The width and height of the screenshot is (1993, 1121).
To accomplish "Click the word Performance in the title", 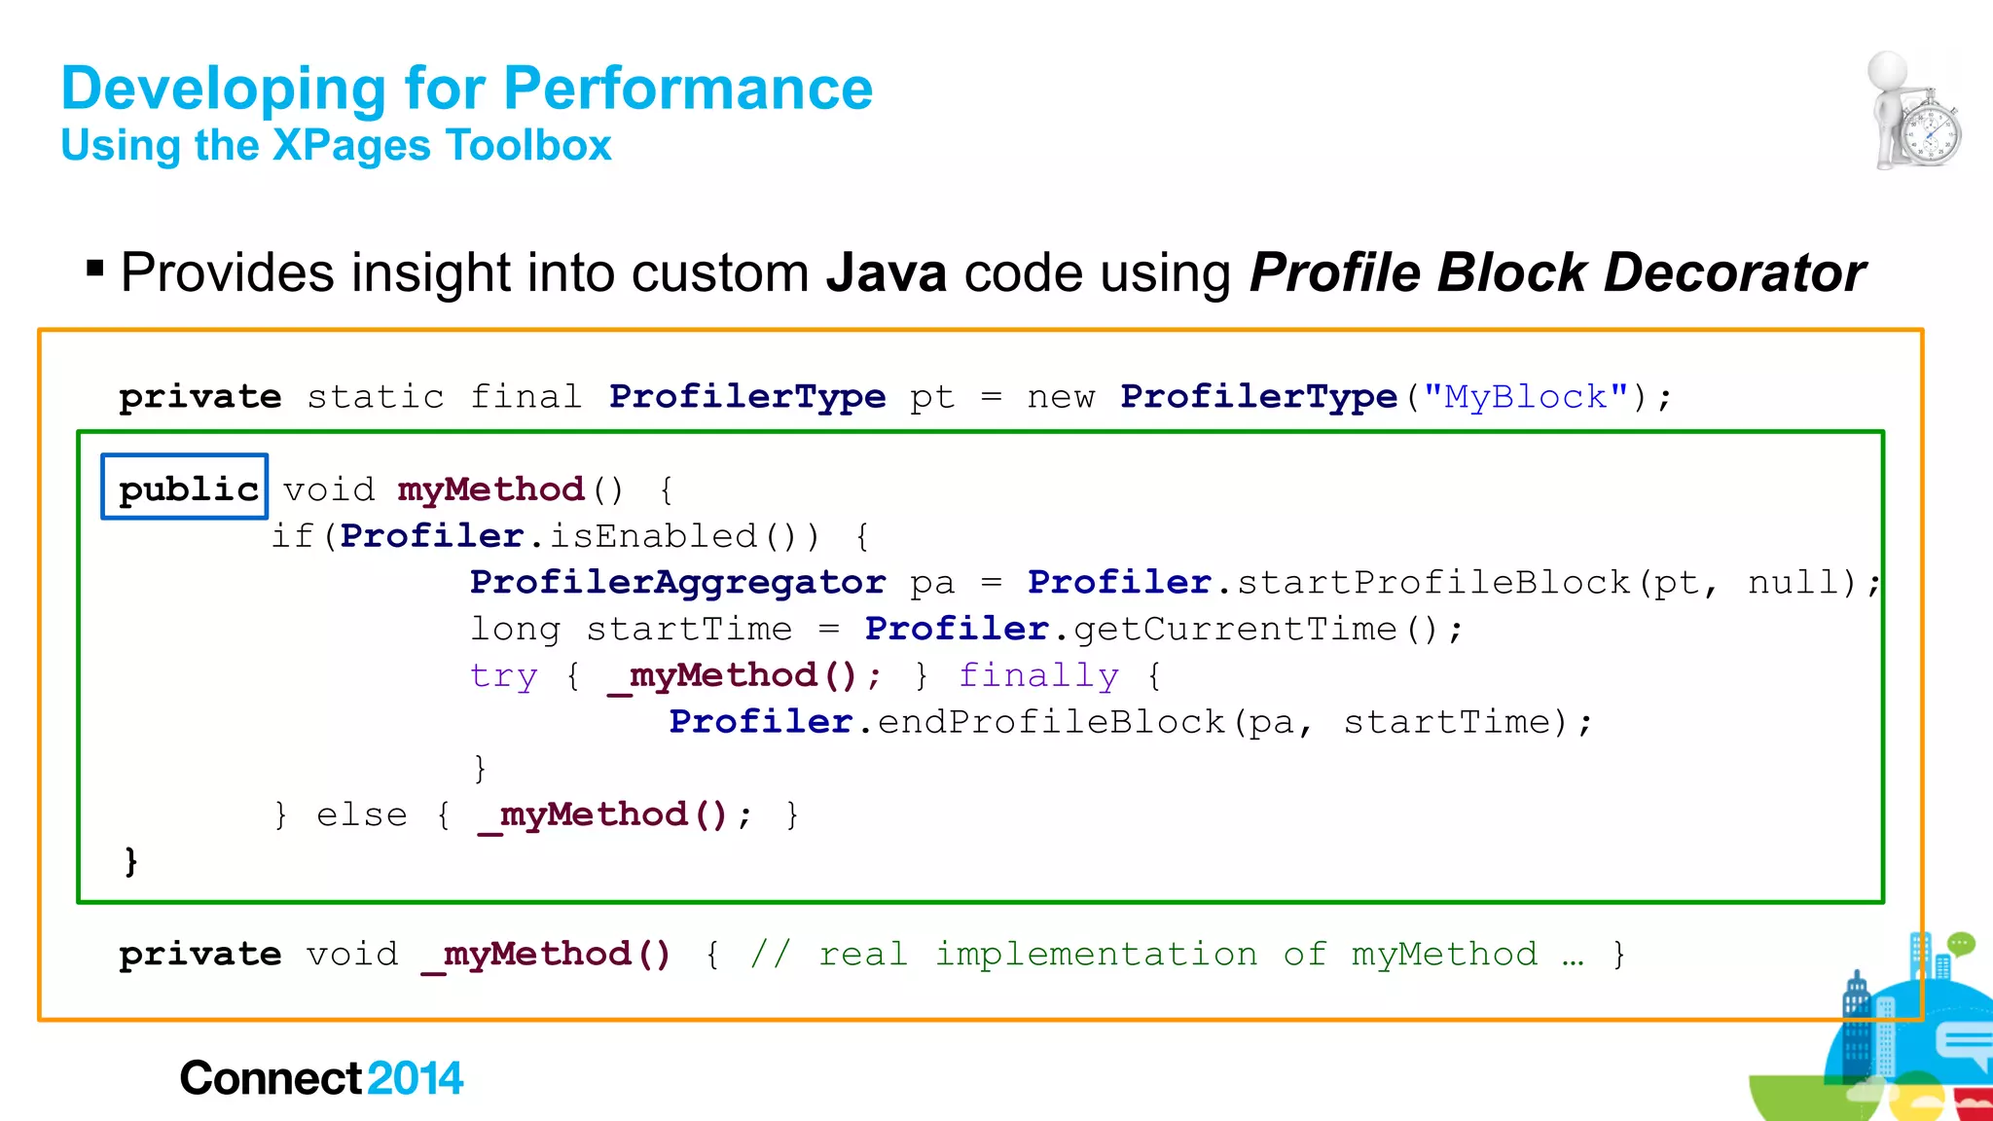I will (x=688, y=89).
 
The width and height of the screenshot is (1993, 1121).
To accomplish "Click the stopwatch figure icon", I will (x=1914, y=112).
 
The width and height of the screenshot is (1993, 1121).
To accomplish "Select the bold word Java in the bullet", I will (x=886, y=272).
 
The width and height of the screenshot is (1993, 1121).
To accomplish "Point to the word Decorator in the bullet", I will (x=1734, y=272).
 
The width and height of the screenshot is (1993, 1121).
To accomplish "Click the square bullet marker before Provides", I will (x=94, y=268).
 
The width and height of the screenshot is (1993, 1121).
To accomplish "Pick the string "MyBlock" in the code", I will (x=1526, y=397).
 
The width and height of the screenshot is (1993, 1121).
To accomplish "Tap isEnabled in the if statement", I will (x=653, y=536).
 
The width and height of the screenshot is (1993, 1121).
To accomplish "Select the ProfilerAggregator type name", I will (x=677, y=582).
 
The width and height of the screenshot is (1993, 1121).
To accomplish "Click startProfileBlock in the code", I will (x=1432, y=582).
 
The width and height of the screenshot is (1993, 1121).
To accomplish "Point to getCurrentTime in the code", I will (x=1236, y=629).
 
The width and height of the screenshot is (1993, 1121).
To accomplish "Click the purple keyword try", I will (x=503, y=675).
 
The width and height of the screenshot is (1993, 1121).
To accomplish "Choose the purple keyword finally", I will (x=1038, y=675).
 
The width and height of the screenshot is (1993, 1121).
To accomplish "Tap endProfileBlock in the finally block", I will (x=1051, y=722).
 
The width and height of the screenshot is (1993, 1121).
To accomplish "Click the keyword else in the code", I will (x=362, y=814).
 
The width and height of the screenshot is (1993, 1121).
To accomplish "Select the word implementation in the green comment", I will (x=1096, y=955).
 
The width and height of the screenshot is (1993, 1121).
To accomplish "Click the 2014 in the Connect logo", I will (x=416, y=1078).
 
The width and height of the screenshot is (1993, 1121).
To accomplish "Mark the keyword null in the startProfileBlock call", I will (x=1801, y=582).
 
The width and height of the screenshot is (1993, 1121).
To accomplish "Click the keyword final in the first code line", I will (x=525, y=397).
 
